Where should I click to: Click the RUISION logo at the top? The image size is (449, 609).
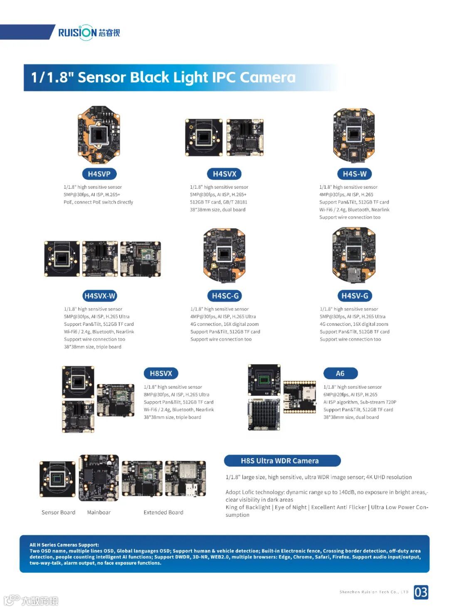[x=89, y=32]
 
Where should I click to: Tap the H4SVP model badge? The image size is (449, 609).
[x=99, y=174]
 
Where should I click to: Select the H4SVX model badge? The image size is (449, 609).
[x=224, y=174]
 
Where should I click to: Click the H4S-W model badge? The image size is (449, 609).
[x=354, y=174]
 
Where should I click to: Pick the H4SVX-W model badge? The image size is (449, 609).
[x=99, y=296]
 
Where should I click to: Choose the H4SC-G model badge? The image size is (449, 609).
[x=225, y=296]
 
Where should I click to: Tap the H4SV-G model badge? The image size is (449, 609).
[x=354, y=296]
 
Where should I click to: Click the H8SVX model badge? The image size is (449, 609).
[x=161, y=373]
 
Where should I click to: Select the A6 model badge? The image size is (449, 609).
[x=340, y=373]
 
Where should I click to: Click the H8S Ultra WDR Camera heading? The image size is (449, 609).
[x=282, y=461]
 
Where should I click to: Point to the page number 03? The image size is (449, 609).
[x=421, y=592]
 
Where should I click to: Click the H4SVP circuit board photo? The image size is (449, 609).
[x=99, y=134]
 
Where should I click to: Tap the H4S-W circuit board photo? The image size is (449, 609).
[x=354, y=136]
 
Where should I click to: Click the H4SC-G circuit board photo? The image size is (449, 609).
[x=224, y=255]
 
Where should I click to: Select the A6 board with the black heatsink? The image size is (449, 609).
[x=264, y=414]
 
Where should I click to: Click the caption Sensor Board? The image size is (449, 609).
[x=58, y=512]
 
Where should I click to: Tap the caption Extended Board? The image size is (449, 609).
[x=163, y=512]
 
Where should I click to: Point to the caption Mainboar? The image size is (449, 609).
[x=99, y=512]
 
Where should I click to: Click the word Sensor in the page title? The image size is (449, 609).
[x=102, y=77]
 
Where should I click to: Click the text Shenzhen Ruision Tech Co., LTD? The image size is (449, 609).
[x=374, y=592]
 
